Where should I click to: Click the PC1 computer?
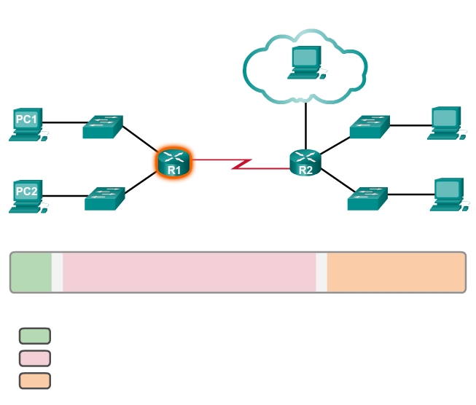(28, 123)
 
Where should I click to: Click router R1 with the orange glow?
(173, 162)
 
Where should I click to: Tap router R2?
(305, 163)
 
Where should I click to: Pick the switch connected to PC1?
(102, 127)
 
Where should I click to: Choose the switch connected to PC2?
(104, 198)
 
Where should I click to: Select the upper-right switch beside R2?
(370, 127)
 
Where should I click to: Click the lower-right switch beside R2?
(367, 197)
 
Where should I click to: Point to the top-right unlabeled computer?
(444, 122)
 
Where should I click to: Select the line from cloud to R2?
(305, 124)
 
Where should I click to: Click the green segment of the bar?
(31, 272)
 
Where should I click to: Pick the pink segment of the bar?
(190, 272)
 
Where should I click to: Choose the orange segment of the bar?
(396, 272)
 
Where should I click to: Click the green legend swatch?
(34, 336)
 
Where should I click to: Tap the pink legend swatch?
(34, 358)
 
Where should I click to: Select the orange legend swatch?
(34, 380)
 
